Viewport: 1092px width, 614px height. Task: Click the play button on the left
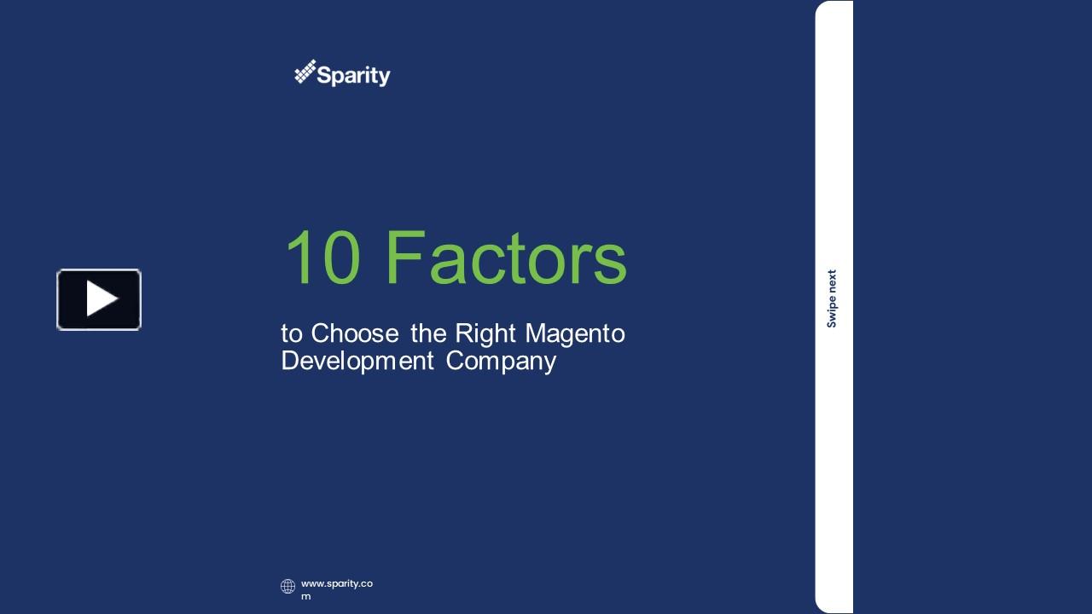(x=99, y=299)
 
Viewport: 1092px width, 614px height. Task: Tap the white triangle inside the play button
(x=102, y=299)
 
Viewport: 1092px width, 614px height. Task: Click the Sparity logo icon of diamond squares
(x=305, y=72)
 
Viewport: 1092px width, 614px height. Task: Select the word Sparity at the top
(x=353, y=76)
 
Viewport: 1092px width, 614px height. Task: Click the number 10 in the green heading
(x=322, y=258)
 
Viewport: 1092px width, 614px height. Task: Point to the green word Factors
(x=506, y=258)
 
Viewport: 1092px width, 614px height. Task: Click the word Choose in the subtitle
(x=355, y=333)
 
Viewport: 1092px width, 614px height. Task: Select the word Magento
(x=575, y=333)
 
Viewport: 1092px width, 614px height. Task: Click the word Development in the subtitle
(x=357, y=361)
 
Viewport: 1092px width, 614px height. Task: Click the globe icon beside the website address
(x=288, y=586)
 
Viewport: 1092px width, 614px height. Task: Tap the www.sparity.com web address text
(x=336, y=584)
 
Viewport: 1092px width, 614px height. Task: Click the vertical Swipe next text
(x=832, y=298)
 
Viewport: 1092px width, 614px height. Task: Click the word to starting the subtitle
(x=292, y=333)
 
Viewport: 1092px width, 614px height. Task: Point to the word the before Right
(x=428, y=333)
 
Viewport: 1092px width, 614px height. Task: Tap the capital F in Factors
(x=405, y=258)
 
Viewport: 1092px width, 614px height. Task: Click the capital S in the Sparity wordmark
(x=325, y=76)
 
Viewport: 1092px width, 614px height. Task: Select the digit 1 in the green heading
(x=299, y=258)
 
